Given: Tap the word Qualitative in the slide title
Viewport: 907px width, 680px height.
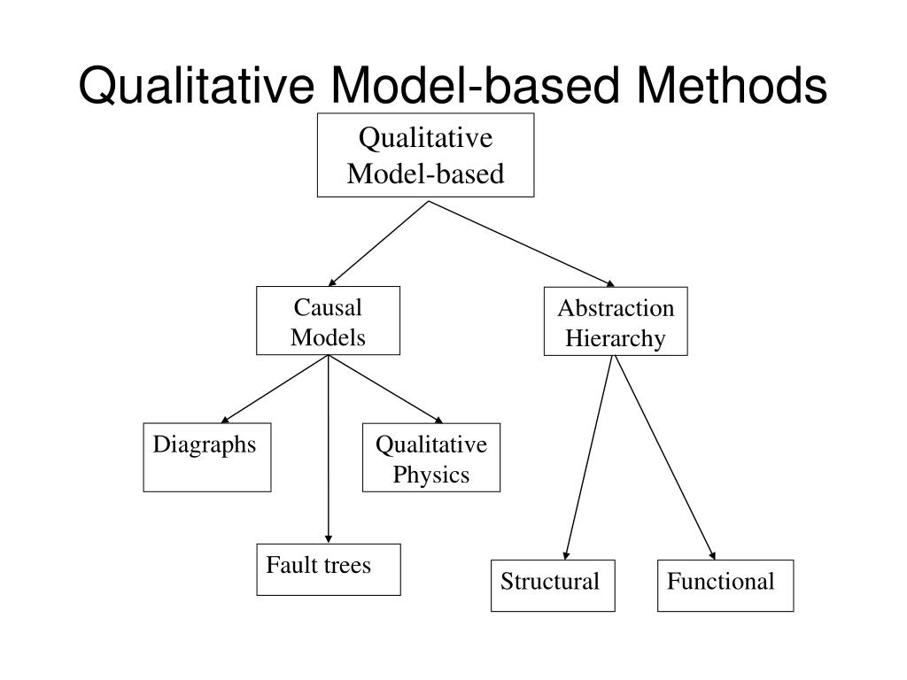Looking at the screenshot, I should pos(198,87).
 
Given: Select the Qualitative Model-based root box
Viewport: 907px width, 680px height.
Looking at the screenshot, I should pos(426,155).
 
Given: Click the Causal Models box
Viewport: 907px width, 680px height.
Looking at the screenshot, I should pos(328,321).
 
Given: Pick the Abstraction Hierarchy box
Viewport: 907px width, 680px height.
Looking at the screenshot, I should pos(616,321).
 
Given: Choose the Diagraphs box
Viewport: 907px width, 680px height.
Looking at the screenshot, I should pos(207,457).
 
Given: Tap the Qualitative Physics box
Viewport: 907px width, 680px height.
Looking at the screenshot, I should pos(431,459).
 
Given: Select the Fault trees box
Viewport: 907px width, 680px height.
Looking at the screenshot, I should pos(329,568).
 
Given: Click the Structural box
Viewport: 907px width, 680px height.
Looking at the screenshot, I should pos(553,585).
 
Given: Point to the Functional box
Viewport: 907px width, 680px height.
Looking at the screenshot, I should pos(725,585).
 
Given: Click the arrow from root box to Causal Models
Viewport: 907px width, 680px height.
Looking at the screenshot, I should pos(378,243).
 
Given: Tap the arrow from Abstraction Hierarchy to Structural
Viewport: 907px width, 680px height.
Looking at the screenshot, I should pos(587,457).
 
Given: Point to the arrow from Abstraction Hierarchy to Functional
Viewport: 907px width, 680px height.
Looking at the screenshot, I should pos(664,457).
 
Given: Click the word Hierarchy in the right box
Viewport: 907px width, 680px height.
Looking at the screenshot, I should pos(616,338).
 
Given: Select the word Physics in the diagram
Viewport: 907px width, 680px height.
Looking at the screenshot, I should pos(431,475).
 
